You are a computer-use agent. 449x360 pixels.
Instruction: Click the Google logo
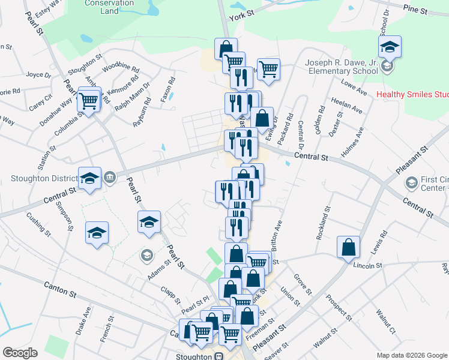pos(20,353)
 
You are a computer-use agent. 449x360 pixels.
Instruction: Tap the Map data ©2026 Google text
pos(412,355)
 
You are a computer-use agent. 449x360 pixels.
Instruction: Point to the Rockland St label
pos(328,221)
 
